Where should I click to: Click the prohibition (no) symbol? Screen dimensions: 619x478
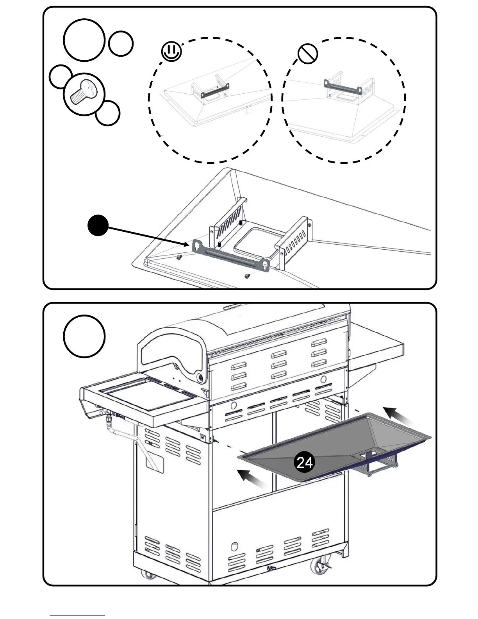(x=307, y=54)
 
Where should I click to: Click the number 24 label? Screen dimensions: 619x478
(x=305, y=463)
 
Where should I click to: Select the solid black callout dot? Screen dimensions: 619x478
(x=98, y=225)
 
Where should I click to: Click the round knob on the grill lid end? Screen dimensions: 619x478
(x=200, y=378)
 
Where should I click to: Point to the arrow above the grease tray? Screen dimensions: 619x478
(x=398, y=416)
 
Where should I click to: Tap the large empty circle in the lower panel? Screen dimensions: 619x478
(x=84, y=336)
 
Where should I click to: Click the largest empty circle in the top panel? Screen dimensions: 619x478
(x=84, y=40)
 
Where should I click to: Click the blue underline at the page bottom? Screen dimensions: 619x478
(x=77, y=616)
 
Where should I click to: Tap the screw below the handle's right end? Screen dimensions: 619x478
(x=247, y=276)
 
